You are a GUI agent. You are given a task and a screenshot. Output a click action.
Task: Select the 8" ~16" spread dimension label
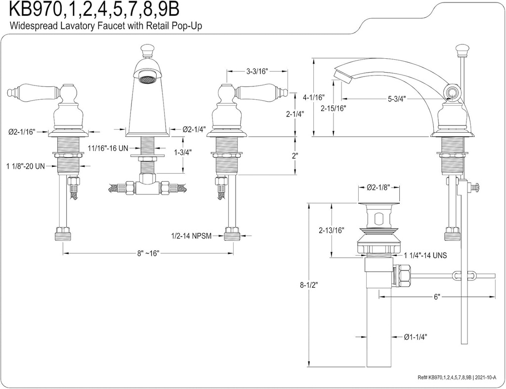[x=148, y=253]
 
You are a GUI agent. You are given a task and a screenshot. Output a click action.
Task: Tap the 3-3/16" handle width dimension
[x=257, y=71]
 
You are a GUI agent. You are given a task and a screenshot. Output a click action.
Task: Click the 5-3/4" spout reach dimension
[x=396, y=99]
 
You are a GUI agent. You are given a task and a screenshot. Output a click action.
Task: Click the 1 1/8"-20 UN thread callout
[x=25, y=166]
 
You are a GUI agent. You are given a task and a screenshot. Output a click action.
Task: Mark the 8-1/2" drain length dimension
[x=309, y=285]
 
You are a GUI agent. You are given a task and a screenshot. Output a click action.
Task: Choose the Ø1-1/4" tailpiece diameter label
[x=415, y=337]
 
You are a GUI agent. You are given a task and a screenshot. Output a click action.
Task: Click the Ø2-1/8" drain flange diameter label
[x=379, y=188]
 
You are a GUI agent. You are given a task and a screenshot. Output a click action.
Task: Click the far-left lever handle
[x=25, y=92]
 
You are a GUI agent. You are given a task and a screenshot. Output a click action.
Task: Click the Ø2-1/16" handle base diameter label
[x=22, y=132]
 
